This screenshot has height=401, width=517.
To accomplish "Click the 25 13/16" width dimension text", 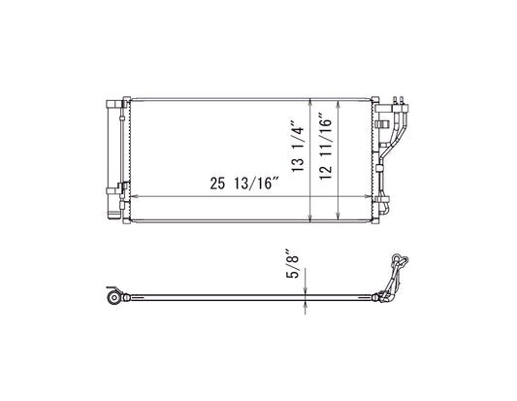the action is point(244,184).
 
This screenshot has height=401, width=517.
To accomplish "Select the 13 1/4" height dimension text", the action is point(298,149).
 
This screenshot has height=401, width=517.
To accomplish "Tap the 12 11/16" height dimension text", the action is point(326,147).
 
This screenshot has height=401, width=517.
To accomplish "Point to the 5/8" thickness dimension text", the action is point(292,263).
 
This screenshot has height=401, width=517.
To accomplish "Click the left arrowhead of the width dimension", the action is point(133,197).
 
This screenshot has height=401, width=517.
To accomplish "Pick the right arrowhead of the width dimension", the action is point(368,197).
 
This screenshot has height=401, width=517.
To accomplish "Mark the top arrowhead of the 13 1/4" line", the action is point(310,103).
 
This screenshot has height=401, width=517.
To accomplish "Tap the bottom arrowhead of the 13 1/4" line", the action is point(310,217).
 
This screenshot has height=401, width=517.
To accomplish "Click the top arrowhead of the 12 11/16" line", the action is point(338,105).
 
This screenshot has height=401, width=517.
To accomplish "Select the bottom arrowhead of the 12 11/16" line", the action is point(338,215).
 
